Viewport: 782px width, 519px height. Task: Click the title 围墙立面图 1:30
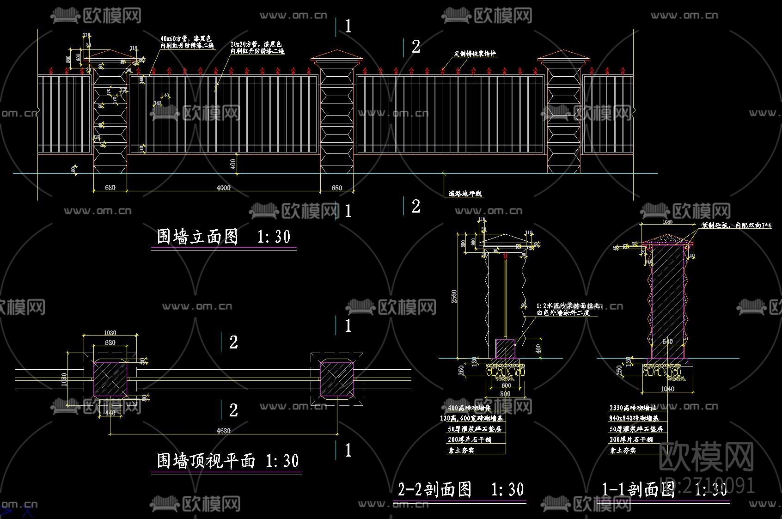pos(224,237)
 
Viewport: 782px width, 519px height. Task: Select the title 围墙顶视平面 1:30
pos(227,460)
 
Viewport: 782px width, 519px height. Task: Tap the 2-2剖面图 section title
pos(461,489)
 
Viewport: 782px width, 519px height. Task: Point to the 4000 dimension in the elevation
pos(223,188)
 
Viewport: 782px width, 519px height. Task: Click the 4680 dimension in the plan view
pos(223,431)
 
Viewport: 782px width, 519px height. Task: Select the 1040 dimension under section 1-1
pos(667,389)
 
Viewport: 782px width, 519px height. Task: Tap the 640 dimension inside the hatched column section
pos(667,342)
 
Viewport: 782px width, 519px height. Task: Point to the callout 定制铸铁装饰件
pos(475,54)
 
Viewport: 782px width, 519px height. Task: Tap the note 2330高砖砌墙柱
pos(632,408)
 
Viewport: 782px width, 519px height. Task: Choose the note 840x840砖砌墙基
pos(634,418)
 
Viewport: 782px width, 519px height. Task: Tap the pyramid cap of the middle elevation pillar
pos(337,56)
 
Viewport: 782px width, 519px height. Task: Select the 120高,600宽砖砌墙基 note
pos(471,418)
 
